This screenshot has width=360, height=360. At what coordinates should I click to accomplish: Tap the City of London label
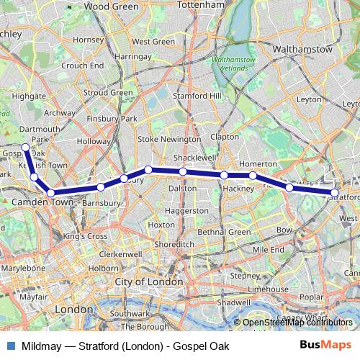coord(151,282)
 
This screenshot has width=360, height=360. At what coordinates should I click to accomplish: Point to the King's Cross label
coord(85,235)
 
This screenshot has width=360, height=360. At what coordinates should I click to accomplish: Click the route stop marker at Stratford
coord(335,192)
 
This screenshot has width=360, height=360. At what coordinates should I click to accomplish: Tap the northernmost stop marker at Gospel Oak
coord(26,148)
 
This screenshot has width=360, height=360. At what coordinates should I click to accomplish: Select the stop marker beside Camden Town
coord(50,192)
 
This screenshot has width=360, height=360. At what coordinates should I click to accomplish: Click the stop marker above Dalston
coord(183,171)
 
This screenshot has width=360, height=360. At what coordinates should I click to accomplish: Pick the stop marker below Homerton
coord(253,175)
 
